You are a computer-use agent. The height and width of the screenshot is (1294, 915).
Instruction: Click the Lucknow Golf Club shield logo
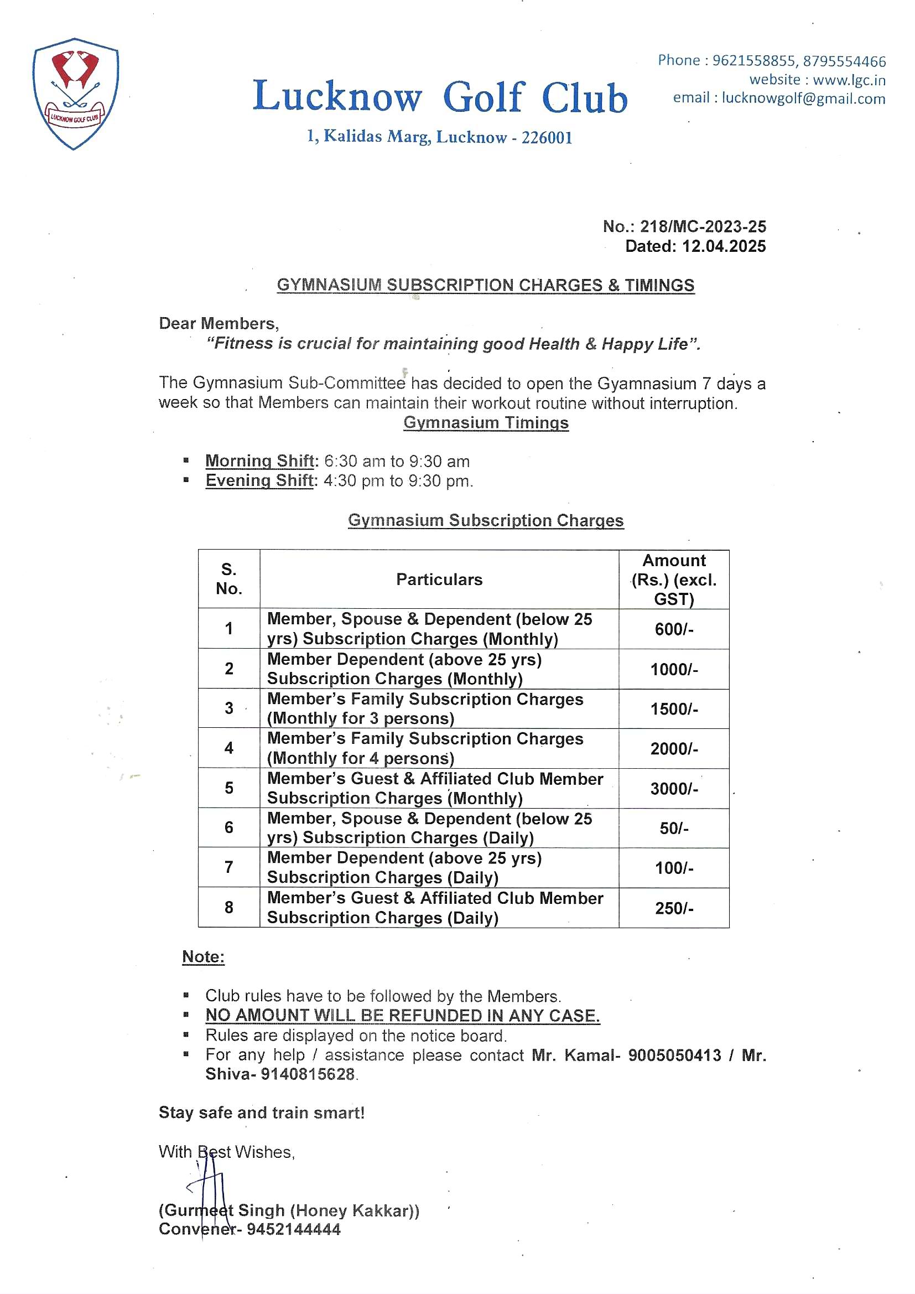[x=75, y=93]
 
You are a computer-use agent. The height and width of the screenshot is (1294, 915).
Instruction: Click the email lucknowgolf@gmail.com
[x=803, y=99]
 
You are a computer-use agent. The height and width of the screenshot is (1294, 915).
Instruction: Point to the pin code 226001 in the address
[x=547, y=138]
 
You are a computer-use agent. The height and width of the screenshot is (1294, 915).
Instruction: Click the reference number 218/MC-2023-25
[x=703, y=226]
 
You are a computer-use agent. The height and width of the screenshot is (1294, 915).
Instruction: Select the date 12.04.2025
[x=724, y=246]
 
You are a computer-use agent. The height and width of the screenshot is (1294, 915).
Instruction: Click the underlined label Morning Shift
[x=260, y=461]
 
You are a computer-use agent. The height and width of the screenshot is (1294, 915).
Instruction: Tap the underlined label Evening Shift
[x=259, y=481]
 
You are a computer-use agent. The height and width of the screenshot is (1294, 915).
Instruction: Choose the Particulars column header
[x=439, y=579]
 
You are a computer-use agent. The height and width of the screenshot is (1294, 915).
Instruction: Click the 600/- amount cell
[x=674, y=629]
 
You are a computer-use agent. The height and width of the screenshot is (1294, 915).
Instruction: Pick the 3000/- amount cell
[x=674, y=789]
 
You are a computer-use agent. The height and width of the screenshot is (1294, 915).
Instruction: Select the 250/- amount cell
[x=674, y=908]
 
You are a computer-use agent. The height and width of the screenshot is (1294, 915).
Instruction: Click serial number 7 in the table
[x=229, y=867]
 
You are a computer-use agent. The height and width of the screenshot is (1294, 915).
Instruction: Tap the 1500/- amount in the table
[x=674, y=709]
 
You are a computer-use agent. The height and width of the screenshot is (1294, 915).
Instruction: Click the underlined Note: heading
[x=204, y=957]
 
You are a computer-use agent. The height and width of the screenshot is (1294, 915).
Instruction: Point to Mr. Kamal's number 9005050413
[x=674, y=1055]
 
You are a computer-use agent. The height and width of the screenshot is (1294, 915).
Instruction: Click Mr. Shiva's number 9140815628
[x=308, y=1074]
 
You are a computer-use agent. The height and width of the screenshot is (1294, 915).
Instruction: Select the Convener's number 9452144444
[x=294, y=1229]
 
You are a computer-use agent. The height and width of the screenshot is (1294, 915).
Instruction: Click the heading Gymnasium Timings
[x=486, y=423]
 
